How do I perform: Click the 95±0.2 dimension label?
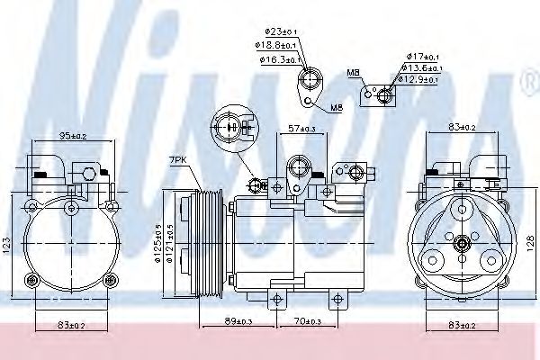(75, 137)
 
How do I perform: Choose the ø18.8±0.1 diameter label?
(277, 44)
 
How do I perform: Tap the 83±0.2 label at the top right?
(462, 127)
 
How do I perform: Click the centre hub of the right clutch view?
(463, 241)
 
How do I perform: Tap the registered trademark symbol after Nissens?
(527, 86)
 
